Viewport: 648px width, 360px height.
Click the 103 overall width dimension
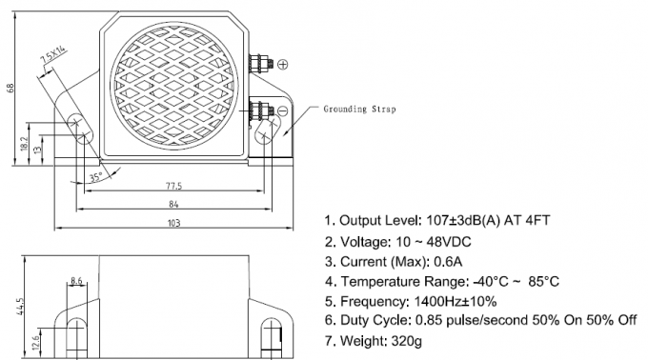[174, 223]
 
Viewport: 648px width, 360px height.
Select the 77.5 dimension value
[174, 186]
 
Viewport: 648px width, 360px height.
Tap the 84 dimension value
[173, 204]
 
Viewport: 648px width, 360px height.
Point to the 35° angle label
[96, 177]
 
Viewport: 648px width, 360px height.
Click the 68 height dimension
[10, 88]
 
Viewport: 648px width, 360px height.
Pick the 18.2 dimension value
[24, 144]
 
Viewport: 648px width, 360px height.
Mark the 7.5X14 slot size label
[53, 55]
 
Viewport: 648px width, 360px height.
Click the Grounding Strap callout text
[359, 109]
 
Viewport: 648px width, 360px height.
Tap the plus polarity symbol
[283, 65]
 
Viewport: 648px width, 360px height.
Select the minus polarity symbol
[282, 111]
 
